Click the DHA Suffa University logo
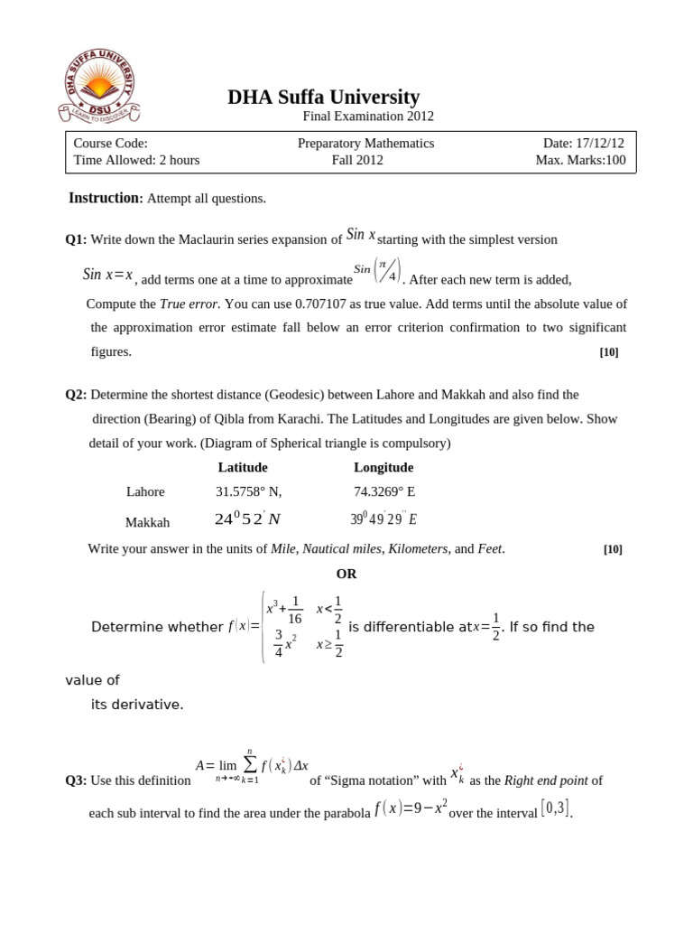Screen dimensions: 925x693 click(98, 87)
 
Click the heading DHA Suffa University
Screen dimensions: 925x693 click(323, 97)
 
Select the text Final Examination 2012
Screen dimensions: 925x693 click(367, 117)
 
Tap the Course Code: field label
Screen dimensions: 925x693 click(110, 143)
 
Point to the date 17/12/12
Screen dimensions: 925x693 click(600, 143)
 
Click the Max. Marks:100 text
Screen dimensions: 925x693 click(579, 160)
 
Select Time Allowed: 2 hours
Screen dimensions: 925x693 click(136, 160)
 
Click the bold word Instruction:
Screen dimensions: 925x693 click(106, 198)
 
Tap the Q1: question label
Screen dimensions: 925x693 click(76, 239)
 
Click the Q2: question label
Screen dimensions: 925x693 click(76, 395)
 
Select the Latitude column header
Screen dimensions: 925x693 click(243, 467)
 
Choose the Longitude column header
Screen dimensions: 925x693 click(383, 467)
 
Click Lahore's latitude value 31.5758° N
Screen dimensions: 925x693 click(248, 491)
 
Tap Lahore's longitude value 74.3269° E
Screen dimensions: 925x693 click(384, 491)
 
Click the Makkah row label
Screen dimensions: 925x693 click(147, 522)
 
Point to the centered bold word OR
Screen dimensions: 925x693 click(346, 574)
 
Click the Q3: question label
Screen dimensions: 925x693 click(76, 780)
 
